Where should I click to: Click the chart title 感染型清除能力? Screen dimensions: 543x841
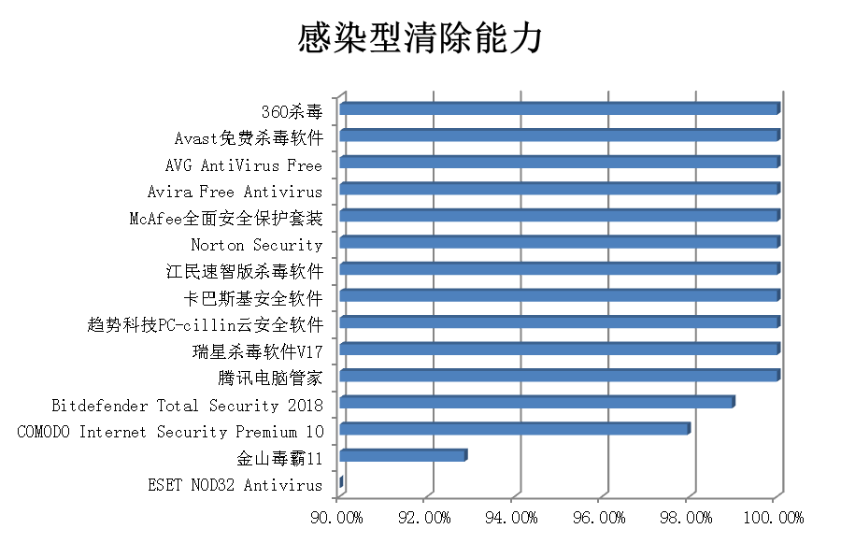(x=420, y=39)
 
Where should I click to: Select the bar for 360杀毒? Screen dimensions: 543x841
(x=559, y=109)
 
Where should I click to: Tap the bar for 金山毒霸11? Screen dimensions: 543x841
(x=403, y=455)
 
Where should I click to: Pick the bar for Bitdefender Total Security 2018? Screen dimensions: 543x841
(x=536, y=402)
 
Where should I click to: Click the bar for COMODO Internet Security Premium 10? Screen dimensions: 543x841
(x=514, y=429)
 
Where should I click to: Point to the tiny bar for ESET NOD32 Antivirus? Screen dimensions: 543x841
(x=341, y=482)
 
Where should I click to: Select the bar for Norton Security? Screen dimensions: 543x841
(x=559, y=243)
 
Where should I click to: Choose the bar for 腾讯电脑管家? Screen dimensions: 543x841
(x=559, y=376)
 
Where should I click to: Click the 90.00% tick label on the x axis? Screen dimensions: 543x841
(x=336, y=517)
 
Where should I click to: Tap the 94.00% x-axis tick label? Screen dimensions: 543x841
(x=512, y=517)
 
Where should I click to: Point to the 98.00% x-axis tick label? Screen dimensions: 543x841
(x=687, y=517)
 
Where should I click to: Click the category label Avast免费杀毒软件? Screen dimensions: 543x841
(x=249, y=139)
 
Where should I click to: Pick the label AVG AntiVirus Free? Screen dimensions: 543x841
(x=243, y=166)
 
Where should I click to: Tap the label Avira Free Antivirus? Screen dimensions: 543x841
(x=235, y=193)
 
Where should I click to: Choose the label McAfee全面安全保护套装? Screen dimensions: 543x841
(x=226, y=219)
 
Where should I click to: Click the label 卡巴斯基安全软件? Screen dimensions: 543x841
(x=253, y=299)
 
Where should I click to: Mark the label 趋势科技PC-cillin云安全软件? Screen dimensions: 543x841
(x=205, y=325)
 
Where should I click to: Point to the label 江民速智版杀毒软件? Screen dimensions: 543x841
(x=243, y=272)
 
